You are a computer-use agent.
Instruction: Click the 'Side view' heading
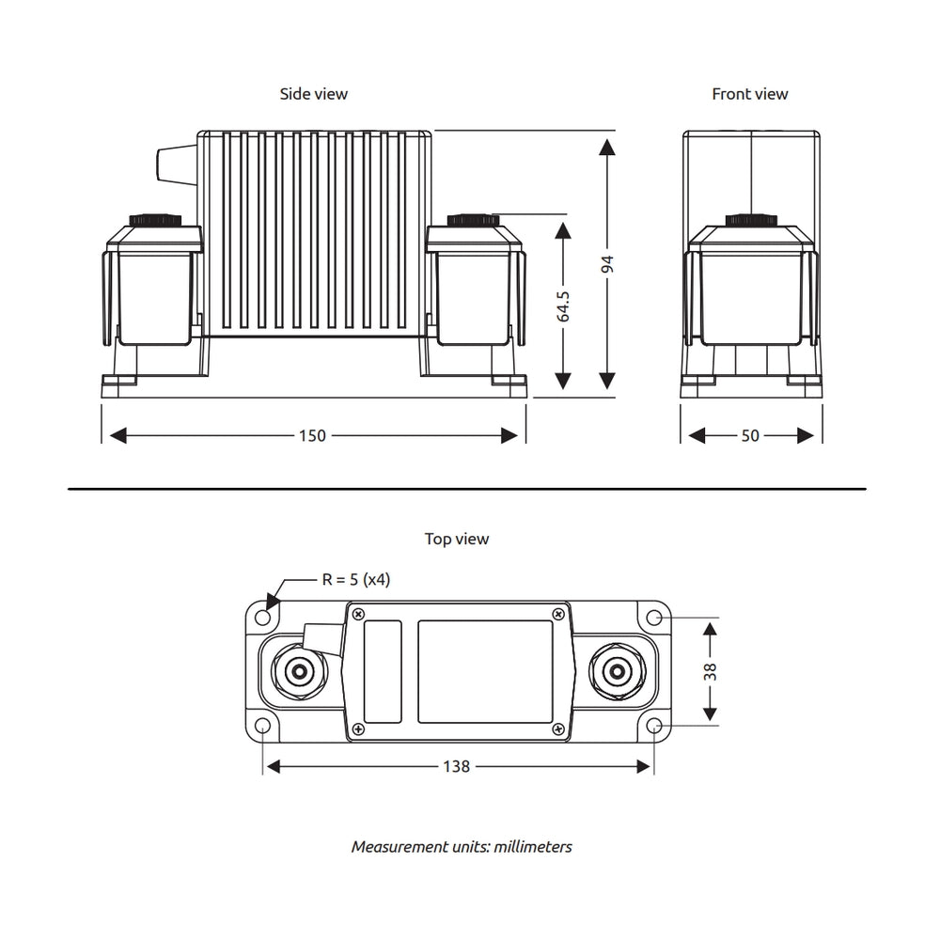[x=313, y=94]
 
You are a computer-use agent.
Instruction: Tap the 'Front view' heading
[x=749, y=94]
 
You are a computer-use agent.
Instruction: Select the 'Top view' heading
[x=457, y=540]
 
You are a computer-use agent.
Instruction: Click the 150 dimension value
[x=312, y=436]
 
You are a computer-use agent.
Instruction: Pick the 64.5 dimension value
[x=563, y=305]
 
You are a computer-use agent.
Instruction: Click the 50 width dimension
[x=750, y=436]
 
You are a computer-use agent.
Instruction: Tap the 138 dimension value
[x=456, y=767]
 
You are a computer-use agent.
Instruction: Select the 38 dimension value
[x=711, y=671]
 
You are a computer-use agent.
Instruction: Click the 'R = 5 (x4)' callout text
[x=355, y=580]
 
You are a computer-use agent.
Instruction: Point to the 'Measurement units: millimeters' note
[x=462, y=847]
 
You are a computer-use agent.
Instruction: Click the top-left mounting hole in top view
[x=263, y=617]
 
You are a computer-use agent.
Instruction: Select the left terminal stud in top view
[x=300, y=671]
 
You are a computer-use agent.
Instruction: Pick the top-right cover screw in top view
[x=559, y=615]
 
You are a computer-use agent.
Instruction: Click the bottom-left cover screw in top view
[x=358, y=729]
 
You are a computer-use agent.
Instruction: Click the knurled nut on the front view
[x=752, y=220]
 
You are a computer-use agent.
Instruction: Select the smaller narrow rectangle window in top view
[x=383, y=671]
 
